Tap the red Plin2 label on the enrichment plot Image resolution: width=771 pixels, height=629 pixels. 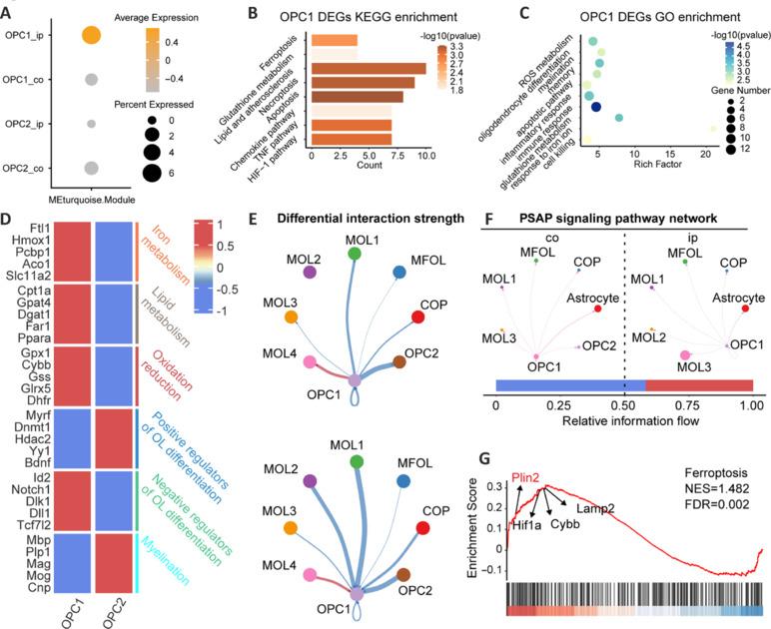pyautogui.click(x=528, y=477)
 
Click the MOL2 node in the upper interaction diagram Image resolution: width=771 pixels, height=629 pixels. pyautogui.click(x=311, y=273)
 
